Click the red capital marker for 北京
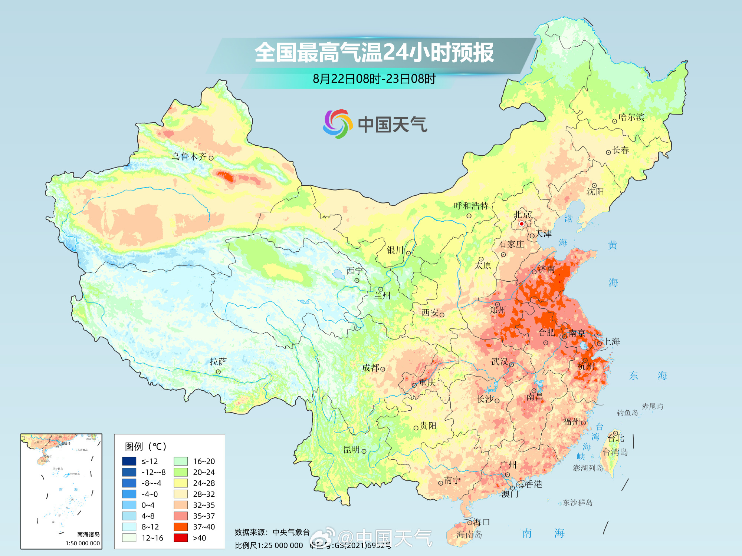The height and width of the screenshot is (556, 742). click(x=521, y=224)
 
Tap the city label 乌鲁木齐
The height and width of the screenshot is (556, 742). click(x=189, y=156)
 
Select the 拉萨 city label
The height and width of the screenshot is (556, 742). click(x=218, y=361)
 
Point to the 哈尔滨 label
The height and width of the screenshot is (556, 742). click(x=631, y=117)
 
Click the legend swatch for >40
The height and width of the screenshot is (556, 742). click(x=181, y=538)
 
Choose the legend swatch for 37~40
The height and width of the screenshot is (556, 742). click(x=181, y=527)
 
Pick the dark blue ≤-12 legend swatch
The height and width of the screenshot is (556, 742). click(x=129, y=461)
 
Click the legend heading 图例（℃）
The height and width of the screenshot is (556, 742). click(x=145, y=446)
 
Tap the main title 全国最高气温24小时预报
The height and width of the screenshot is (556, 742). click(x=374, y=52)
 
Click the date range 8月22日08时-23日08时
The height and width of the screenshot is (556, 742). click(x=374, y=79)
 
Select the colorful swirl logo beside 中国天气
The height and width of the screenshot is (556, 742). click(x=337, y=124)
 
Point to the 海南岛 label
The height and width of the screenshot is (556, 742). click(x=469, y=535)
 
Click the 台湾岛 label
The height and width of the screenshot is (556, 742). click(x=615, y=452)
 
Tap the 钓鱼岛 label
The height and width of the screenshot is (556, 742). click(x=627, y=413)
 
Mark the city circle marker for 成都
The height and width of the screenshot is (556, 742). click(x=383, y=369)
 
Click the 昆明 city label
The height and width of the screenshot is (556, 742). click(x=351, y=450)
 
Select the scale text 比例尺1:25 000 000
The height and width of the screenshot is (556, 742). click(x=269, y=545)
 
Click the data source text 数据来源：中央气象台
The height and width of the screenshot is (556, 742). click(x=272, y=532)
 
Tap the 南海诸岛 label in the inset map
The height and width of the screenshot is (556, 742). click(x=88, y=534)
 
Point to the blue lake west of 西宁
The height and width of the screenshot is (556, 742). click(x=338, y=274)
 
